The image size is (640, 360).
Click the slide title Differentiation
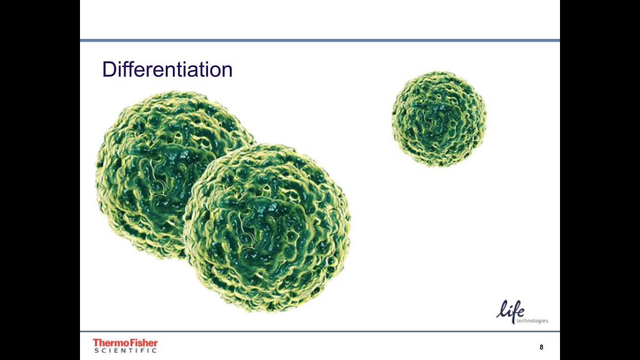tap(167, 69)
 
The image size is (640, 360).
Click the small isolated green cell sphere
tap(439, 119)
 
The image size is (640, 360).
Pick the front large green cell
tap(270, 227)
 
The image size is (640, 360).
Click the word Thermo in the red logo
tap(109, 343)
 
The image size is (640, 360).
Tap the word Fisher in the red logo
tap(142, 343)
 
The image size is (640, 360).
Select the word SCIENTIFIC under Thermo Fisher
tap(125, 350)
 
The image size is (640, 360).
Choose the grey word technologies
tap(532, 321)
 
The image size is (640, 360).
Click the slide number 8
tap(541, 347)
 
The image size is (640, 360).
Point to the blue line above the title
tap(320, 40)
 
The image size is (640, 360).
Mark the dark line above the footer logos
tap(320, 331)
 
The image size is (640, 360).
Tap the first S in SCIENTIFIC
tap(96, 350)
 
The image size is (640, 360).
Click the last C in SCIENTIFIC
tap(154, 350)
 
